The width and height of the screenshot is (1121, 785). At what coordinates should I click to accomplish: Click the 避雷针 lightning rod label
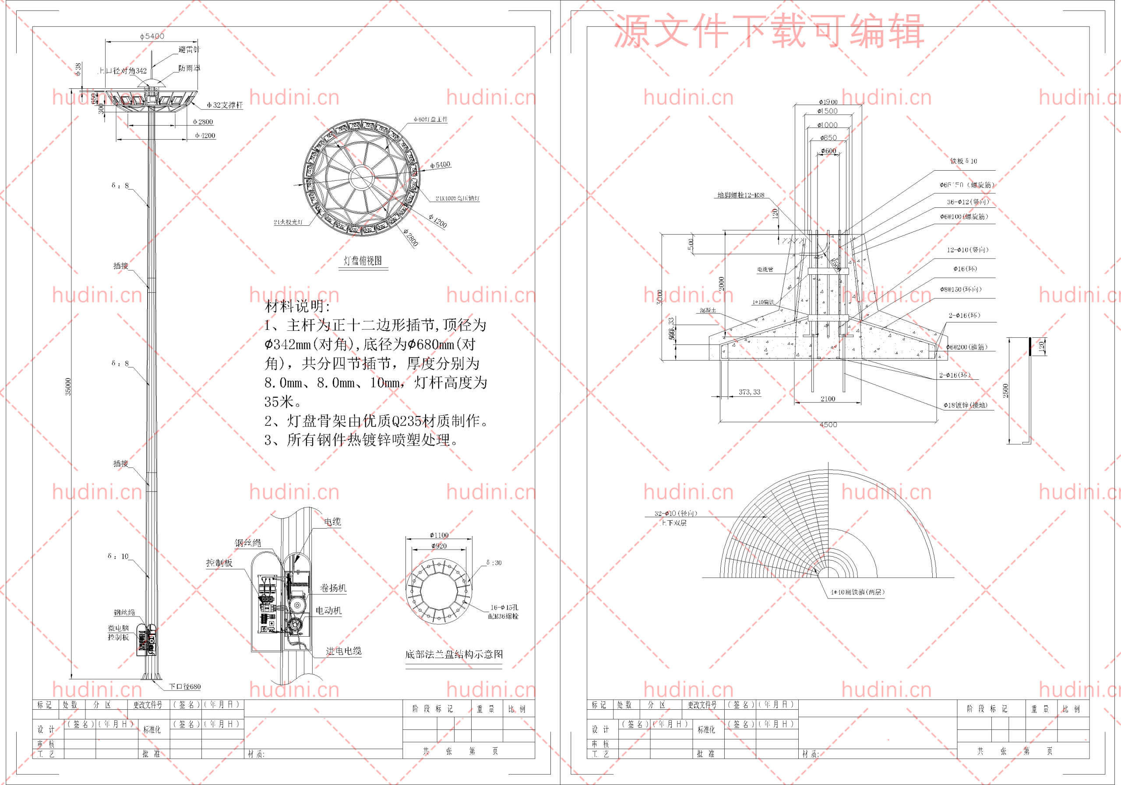189,49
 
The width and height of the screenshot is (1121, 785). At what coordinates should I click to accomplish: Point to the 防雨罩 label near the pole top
189,68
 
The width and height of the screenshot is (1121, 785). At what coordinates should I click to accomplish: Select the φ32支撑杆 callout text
225,105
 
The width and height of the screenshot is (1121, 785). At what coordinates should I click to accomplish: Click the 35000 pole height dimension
68,386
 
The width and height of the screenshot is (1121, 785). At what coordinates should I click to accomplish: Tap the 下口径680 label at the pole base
184,687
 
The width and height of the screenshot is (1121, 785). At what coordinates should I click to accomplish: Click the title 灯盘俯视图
363,260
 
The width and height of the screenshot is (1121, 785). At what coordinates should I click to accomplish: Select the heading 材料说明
297,306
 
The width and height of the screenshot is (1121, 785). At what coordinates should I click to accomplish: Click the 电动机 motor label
328,610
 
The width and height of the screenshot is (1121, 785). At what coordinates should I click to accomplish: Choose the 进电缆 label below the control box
343,651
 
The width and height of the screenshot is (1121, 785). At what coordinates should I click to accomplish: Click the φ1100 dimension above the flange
439,535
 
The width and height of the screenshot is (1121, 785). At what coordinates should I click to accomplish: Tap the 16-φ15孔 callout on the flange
504,607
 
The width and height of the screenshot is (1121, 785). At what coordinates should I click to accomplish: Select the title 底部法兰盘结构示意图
454,654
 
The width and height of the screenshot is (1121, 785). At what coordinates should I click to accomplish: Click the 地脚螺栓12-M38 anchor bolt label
740,195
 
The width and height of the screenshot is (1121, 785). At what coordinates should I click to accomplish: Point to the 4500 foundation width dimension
828,425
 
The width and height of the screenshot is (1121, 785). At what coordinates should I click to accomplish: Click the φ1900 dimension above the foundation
828,102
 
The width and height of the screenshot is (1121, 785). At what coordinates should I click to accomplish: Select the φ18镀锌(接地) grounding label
965,405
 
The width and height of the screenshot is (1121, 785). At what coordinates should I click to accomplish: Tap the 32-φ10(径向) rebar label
676,513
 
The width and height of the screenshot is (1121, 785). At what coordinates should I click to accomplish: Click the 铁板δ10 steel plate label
963,161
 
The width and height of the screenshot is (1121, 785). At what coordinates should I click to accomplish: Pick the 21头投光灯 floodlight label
288,222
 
